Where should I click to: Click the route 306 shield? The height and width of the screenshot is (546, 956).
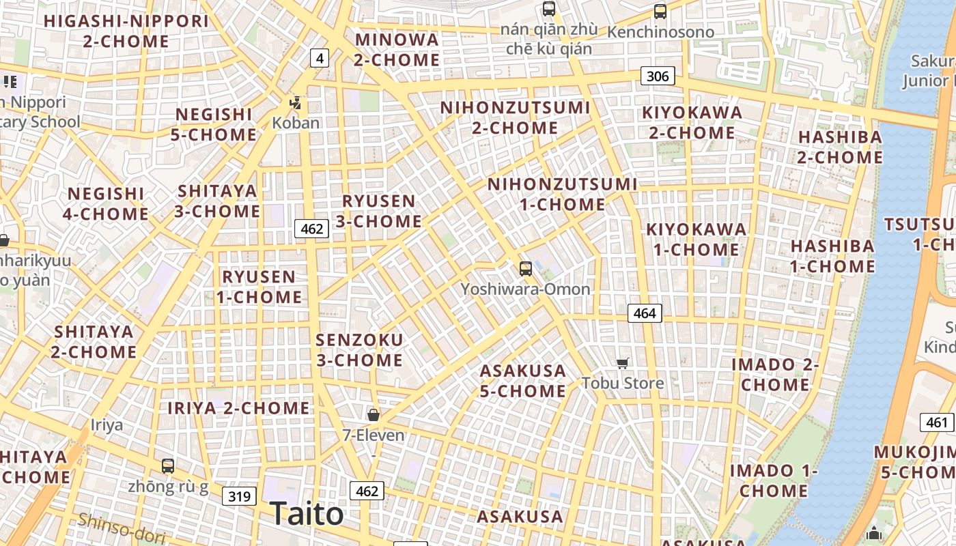click(x=658, y=76)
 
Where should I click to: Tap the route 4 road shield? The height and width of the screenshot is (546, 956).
click(x=320, y=59)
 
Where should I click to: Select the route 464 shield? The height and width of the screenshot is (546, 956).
click(x=644, y=313)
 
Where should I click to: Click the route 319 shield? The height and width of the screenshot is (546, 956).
click(x=239, y=496)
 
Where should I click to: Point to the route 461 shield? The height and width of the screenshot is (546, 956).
click(x=937, y=422)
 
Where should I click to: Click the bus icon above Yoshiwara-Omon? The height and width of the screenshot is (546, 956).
click(x=525, y=268)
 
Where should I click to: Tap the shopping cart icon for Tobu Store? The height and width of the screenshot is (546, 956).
click(x=622, y=363)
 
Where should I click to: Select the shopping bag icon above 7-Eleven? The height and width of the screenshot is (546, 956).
click(x=374, y=414)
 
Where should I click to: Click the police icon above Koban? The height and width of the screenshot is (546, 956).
click(x=296, y=104)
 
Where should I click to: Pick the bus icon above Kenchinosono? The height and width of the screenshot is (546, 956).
click(x=660, y=11)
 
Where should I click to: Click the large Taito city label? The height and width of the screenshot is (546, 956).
click(x=307, y=513)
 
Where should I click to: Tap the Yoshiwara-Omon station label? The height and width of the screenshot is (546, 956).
click(x=525, y=289)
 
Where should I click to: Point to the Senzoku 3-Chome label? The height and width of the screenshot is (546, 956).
click(x=359, y=349)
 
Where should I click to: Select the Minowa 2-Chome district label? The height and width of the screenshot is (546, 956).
click(x=397, y=50)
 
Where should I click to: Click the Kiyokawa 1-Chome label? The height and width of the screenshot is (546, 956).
click(x=697, y=240)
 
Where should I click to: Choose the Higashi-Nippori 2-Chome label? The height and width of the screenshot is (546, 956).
click(x=126, y=31)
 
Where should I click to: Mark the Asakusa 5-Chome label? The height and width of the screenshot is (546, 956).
click(x=523, y=381)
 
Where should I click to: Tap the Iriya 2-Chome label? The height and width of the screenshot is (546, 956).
click(x=239, y=408)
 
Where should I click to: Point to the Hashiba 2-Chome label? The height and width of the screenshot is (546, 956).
click(x=840, y=147)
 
